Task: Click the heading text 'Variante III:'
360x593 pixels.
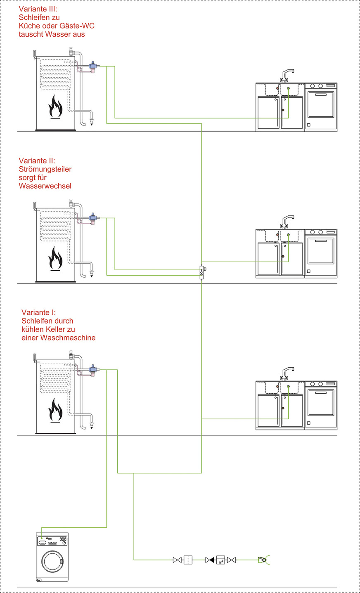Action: pos(38,9)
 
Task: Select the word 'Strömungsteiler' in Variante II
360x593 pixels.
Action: pos(45,169)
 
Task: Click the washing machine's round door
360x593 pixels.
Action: pos(52,561)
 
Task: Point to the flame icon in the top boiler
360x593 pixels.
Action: pos(55,106)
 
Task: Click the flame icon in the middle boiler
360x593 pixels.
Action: pos(55,259)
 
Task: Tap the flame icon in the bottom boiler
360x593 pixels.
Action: pos(55,410)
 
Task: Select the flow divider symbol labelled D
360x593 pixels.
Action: pos(201,272)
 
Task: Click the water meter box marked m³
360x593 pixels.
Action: pos(221,560)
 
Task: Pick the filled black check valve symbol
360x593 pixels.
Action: pos(210,560)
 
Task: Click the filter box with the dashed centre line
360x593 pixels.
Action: pos(188,560)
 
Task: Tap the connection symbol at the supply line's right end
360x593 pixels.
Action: pos(264,560)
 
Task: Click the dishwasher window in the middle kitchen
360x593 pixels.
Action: pos(321,250)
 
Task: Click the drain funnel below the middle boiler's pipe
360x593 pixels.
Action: pos(91,273)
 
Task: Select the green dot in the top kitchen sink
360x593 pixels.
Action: pos(289,89)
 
